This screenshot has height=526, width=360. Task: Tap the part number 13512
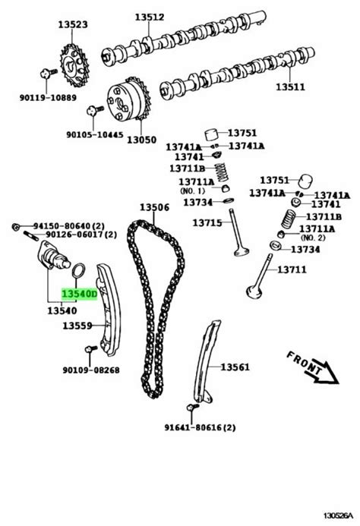[149, 17]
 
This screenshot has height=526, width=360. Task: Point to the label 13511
[289, 87]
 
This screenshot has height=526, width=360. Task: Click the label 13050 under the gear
[141, 140]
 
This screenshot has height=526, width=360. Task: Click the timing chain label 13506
[153, 207]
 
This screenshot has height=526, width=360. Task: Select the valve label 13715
[207, 222]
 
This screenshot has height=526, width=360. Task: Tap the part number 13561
[235, 367]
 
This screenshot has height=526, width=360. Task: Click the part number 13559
[77, 326]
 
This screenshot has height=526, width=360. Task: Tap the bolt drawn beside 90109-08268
[90, 351]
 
